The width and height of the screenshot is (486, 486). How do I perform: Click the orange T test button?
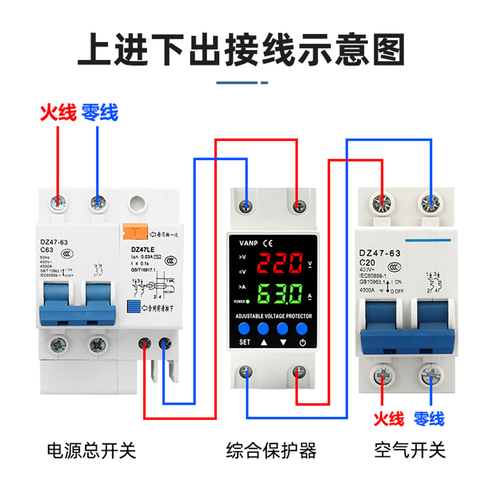pyautogui.click(x=135, y=232)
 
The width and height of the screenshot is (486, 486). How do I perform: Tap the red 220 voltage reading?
pyautogui.click(x=279, y=263)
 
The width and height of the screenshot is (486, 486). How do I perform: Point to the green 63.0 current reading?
pyautogui.click(x=279, y=293)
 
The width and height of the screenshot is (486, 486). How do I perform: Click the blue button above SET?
pyautogui.click(x=244, y=328)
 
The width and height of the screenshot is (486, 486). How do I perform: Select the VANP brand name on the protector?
pyautogui.click(x=248, y=243)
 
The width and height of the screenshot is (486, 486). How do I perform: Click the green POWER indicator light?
pyautogui.click(x=248, y=301)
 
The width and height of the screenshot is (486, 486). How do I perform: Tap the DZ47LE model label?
pyautogui.click(x=143, y=249)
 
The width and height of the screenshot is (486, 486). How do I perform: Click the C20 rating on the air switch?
pyautogui.click(x=367, y=263)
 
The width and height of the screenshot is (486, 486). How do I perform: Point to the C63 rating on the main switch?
pyautogui.click(x=47, y=250)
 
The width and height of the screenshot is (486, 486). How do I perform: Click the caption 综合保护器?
pyautogui.click(x=271, y=450)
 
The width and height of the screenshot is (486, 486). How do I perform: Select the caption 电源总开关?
pyautogui.click(x=91, y=450)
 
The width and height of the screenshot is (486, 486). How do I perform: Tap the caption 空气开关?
pyautogui.click(x=410, y=450)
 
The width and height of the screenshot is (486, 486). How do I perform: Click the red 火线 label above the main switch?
pyautogui.click(x=58, y=112)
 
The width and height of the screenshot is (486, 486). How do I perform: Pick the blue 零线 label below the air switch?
pyautogui.click(x=429, y=419)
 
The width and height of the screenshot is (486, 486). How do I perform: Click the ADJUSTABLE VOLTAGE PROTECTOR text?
pyautogui.click(x=274, y=316)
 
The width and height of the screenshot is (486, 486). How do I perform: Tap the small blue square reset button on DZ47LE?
pyautogui.click(x=133, y=306)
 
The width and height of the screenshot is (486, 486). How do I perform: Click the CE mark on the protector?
pyautogui.click(x=268, y=243)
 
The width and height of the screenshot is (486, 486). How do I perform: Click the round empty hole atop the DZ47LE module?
pyautogui.click(x=138, y=204)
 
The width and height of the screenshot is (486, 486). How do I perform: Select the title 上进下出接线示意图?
pyautogui.click(x=241, y=49)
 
